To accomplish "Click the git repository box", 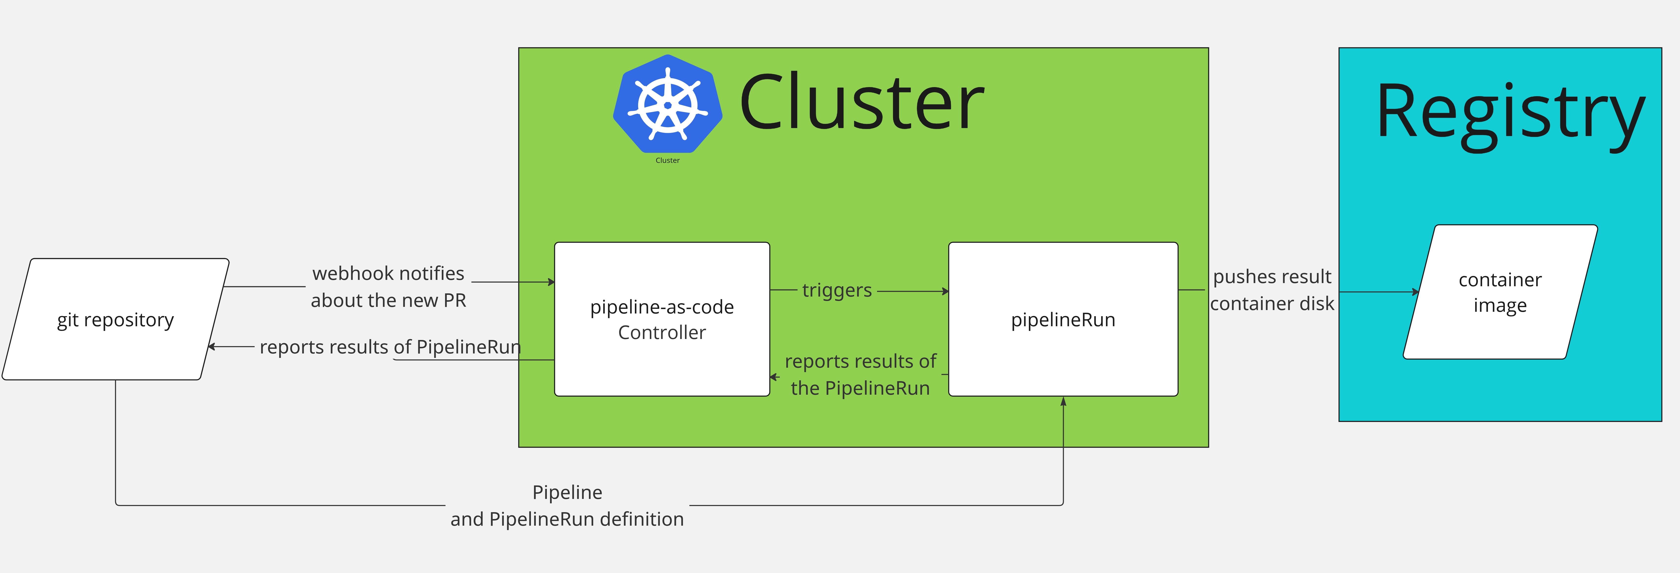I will (x=116, y=319).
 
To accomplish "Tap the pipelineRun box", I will (x=1063, y=319).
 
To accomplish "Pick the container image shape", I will (x=1500, y=292).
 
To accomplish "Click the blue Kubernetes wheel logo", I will (x=668, y=104).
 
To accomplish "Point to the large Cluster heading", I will (x=861, y=103).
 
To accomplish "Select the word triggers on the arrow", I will (x=837, y=290).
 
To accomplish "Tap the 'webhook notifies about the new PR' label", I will (x=388, y=287).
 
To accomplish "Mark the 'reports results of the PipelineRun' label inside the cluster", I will (x=860, y=375).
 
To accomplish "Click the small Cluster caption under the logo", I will (x=667, y=160).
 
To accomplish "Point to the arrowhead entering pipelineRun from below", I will (x=1063, y=402).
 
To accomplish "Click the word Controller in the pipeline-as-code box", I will (x=662, y=332).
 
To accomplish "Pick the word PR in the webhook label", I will (x=455, y=300).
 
